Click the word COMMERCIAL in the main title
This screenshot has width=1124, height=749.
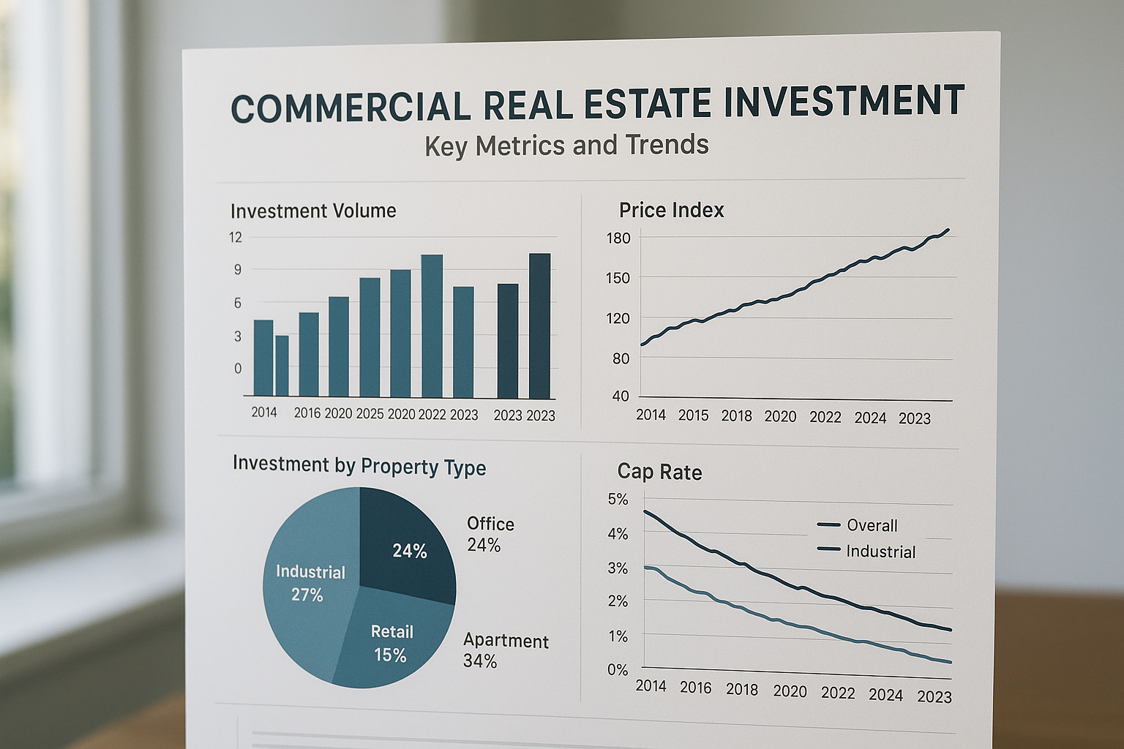(x=351, y=106)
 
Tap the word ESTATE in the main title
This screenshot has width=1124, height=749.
(x=645, y=103)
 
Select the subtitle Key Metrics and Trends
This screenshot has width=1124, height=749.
(x=566, y=145)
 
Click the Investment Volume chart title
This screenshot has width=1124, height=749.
(x=313, y=211)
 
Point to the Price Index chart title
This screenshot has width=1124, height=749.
(x=671, y=210)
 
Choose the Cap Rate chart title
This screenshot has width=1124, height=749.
(x=659, y=472)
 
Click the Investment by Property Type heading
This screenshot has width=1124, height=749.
(x=359, y=466)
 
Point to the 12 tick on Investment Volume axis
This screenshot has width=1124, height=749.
(x=235, y=237)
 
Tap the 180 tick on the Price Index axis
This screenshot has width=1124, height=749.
(x=618, y=238)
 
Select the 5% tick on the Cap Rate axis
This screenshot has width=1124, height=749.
(x=618, y=499)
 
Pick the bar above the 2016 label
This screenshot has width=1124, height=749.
(x=309, y=355)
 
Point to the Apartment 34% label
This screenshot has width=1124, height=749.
(x=505, y=650)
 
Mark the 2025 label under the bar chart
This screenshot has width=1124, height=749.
(x=370, y=413)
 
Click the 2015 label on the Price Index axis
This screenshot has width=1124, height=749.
(x=693, y=415)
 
